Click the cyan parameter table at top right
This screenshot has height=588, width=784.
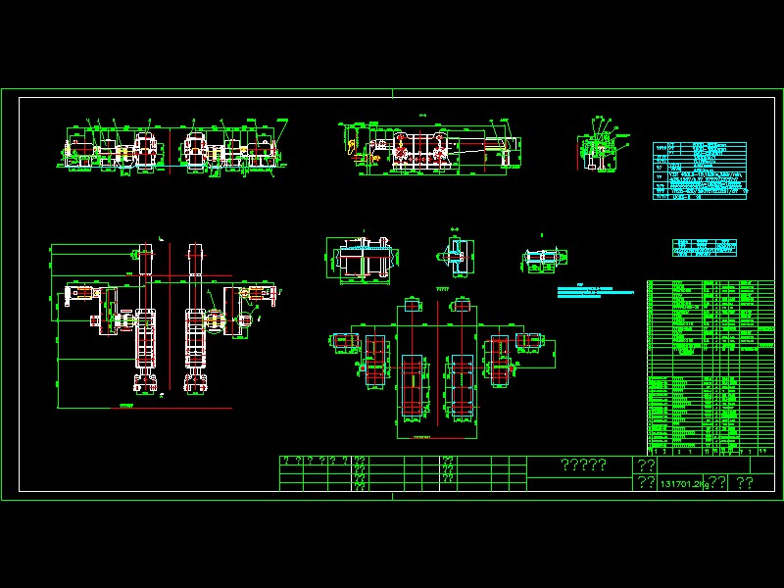click(x=700, y=171)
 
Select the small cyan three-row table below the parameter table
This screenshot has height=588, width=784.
click(x=704, y=247)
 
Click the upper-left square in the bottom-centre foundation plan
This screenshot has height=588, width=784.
click(x=410, y=305)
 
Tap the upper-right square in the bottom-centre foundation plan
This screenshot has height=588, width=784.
click(x=461, y=305)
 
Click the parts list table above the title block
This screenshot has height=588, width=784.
click(x=710, y=367)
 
